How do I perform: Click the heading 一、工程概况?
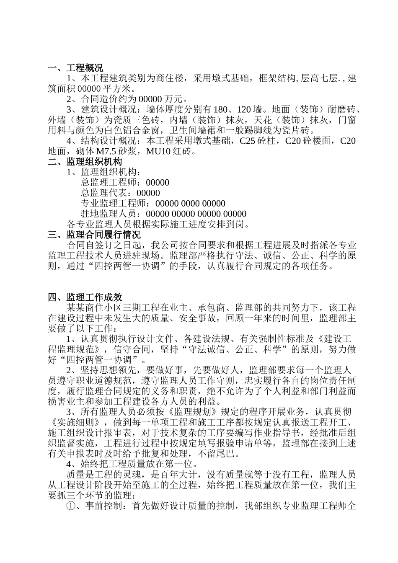tap(75, 68)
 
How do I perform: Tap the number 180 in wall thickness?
tap(220, 110)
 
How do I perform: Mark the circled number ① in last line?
tap(71, 506)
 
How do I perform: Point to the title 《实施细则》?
tap(73, 422)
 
